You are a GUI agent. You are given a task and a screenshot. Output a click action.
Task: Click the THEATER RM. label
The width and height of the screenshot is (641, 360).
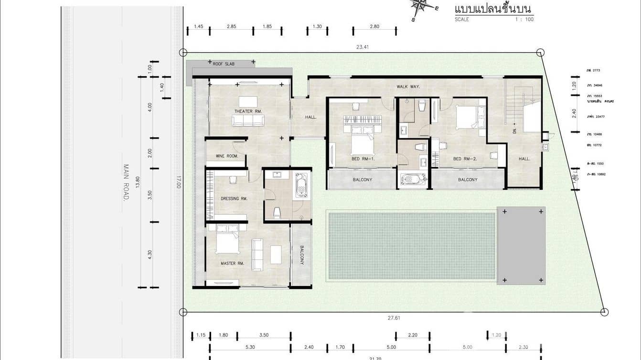click(x=248, y=111)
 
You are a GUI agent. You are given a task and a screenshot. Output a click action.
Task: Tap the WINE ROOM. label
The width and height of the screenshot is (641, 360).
click(x=226, y=156)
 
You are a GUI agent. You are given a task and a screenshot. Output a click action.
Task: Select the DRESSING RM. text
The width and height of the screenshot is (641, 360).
click(x=234, y=199)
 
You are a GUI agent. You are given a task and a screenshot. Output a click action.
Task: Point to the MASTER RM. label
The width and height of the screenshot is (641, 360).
click(x=232, y=263)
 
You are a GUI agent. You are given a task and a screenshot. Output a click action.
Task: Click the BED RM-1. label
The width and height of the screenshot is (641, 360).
click(x=362, y=159)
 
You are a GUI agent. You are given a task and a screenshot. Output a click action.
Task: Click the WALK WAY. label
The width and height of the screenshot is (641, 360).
click(x=408, y=87)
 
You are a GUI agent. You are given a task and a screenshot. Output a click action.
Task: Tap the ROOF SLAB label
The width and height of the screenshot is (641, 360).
click(x=223, y=63)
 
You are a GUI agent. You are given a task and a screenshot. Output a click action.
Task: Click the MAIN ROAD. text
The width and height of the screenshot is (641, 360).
click(x=126, y=182)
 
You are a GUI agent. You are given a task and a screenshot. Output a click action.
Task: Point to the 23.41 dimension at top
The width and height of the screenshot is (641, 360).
click(x=362, y=47)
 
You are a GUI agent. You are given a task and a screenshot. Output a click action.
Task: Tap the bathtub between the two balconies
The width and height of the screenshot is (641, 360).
click(x=413, y=180)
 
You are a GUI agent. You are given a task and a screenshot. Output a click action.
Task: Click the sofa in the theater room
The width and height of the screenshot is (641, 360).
click(x=248, y=121)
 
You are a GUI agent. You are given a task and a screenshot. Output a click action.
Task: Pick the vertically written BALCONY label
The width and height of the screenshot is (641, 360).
click(x=302, y=255)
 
